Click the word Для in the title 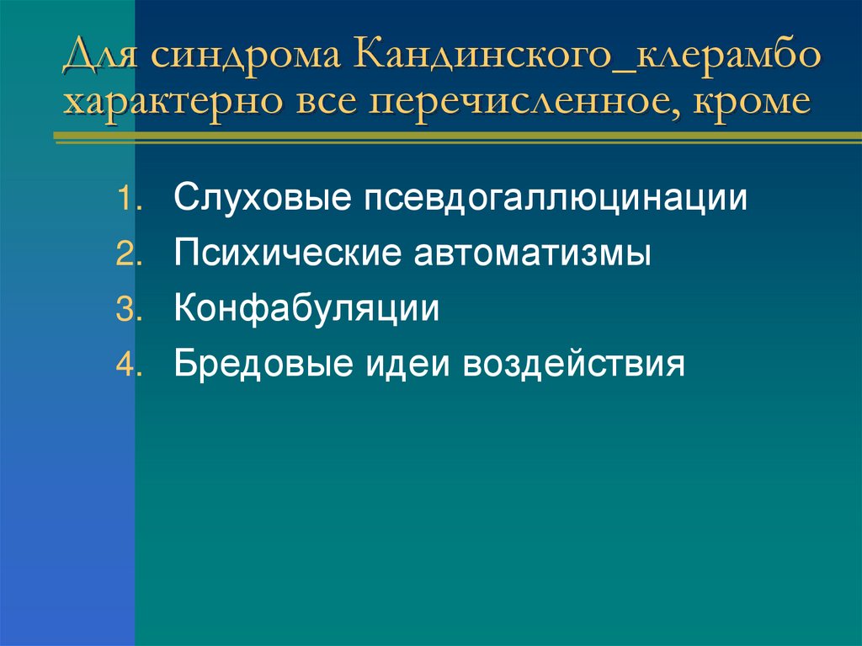pos(99,60)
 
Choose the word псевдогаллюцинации pos(556,200)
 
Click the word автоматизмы pos(531,254)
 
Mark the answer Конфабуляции pos(306,309)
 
